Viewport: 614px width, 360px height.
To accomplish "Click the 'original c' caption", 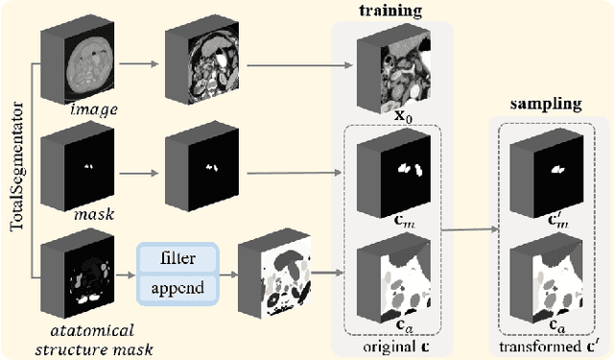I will [386, 346].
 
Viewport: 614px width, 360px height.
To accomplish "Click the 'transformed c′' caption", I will [543, 346].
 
